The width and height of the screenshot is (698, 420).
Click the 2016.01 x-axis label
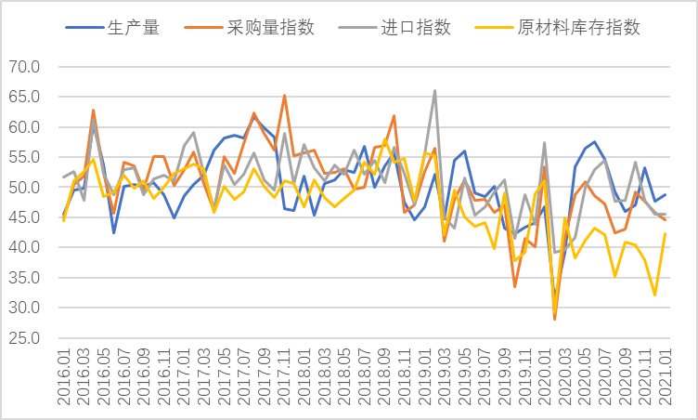point(62,376)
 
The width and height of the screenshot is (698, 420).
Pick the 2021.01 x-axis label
point(665,376)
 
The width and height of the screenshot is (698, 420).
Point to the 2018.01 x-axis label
point(304,376)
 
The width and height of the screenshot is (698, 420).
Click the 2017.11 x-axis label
point(283,376)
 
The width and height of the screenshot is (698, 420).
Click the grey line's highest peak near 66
point(434,90)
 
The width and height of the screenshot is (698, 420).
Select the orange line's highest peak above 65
point(284,95)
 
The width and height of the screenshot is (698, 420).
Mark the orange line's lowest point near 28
point(555,320)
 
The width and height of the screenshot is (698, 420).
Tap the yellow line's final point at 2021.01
point(665,233)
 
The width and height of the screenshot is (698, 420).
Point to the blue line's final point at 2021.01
point(665,194)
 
